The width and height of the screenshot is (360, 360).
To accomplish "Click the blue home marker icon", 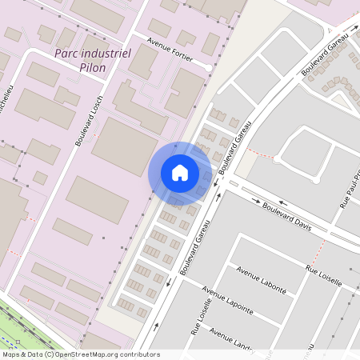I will coord(180,172).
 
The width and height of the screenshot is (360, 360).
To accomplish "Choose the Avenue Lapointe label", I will coord(228,300).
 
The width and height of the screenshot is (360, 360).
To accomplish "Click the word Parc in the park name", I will coord(68,54).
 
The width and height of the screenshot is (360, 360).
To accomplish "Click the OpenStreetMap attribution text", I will coord(81,354).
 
